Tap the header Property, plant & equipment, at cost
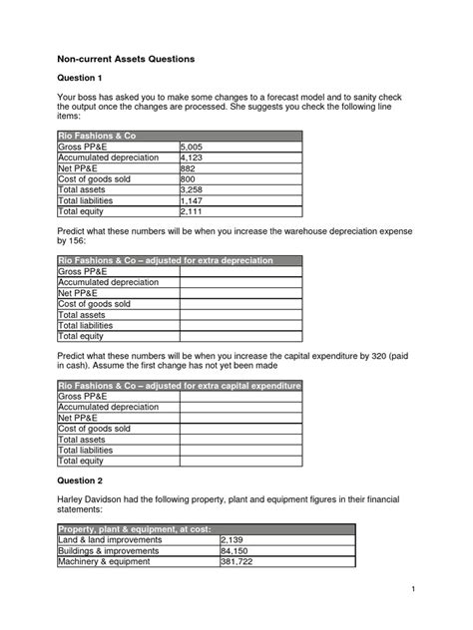pyautogui.click(x=134, y=528)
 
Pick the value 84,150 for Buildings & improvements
pyautogui.click(x=236, y=550)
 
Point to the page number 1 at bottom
pyautogui.click(x=412, y=592)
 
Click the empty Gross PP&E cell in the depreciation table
pyautogui.click(x=239, y=271)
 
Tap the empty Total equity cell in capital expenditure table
pyautogui.click(x=239, y=462)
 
